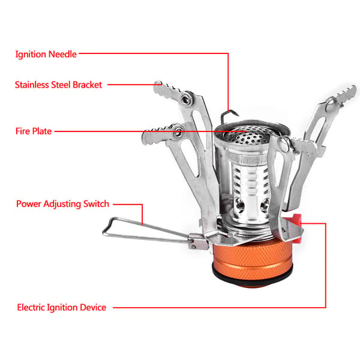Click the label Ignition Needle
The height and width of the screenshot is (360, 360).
(x=46, y=55)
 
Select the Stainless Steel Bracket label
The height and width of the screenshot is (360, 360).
(x=58, y=85)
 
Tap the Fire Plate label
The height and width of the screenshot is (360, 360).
(x=34, y=131)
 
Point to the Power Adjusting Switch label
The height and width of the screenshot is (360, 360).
(x=62, y=204)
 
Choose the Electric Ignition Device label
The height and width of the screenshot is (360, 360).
(x=62, y=307)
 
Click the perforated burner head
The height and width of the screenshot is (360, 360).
(x=248, y=136)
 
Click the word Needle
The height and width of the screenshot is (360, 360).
(x=62, y=55)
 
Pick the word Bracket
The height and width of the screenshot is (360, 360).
(x=87, y=85)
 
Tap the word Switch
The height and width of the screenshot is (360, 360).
(x=96, y=204)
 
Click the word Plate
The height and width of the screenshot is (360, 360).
(x=42, y=131)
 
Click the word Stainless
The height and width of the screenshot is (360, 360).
(x=32, y=85)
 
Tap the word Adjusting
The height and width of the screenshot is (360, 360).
(x=62, y=205)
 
